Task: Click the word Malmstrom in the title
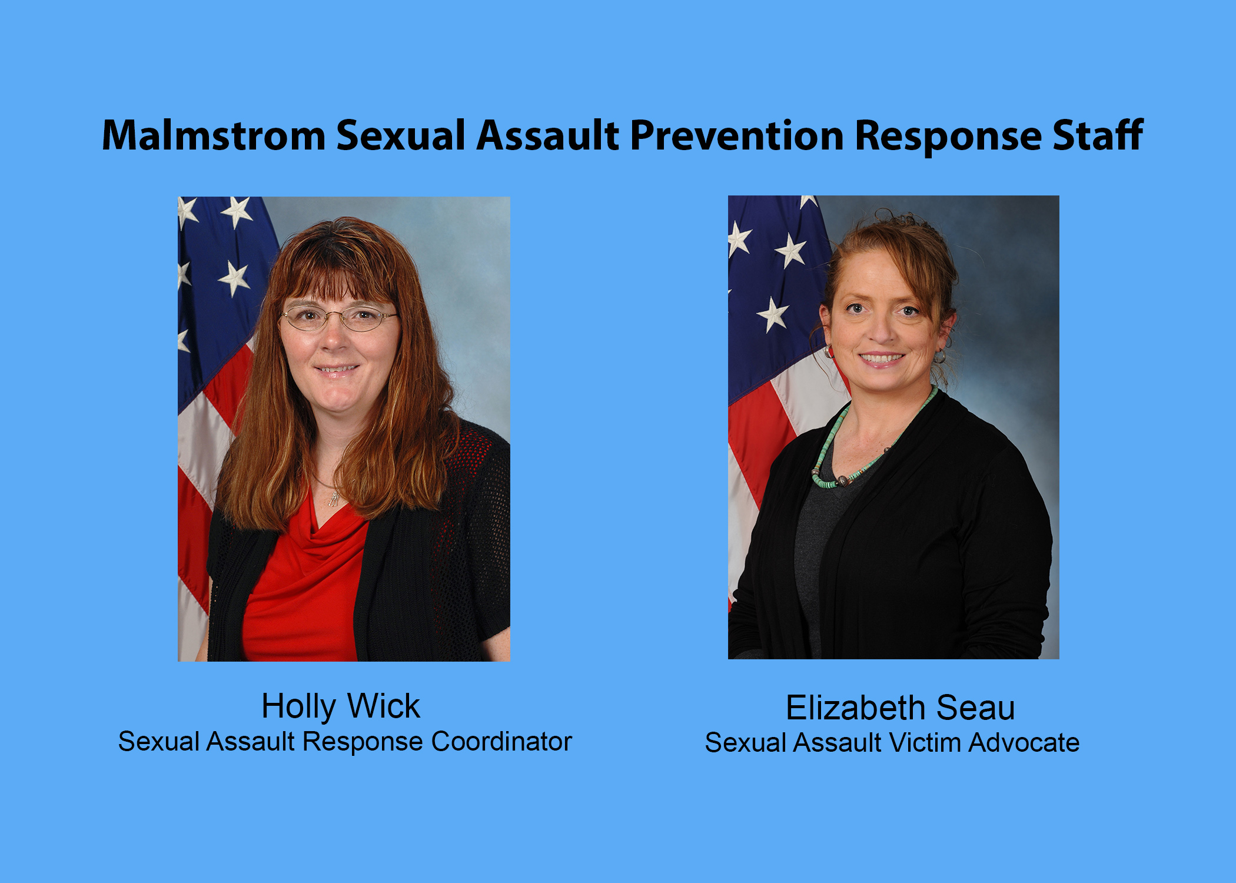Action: point(213,136)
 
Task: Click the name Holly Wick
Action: point(340,706)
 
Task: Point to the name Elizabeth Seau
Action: point(900,708)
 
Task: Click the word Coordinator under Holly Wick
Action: point(501,742)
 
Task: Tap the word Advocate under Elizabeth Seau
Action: point(1024,743)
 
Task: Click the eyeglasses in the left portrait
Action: point(338,318)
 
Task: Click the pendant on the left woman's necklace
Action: point(334,499)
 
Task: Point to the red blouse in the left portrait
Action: point(303,589)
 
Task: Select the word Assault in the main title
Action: point(547,136)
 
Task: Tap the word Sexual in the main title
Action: point(401,136)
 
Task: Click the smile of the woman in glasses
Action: point(336,370)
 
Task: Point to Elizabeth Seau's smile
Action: point(881,358)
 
